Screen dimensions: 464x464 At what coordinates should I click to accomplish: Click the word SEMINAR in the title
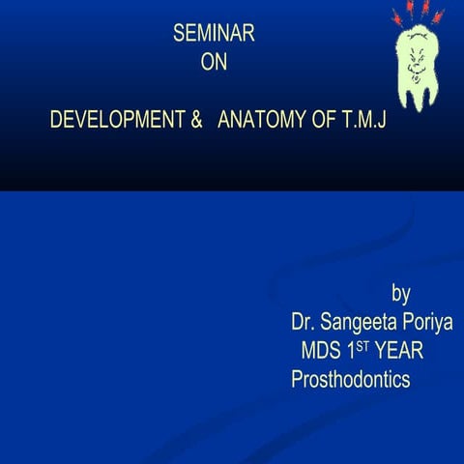pyautogui.click(x=213, y=34)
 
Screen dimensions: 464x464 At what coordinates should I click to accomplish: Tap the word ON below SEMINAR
pyautogui.click(x=213, y=64)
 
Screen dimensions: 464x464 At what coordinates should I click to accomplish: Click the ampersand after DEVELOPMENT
pyautogui.click(x=194, y=122)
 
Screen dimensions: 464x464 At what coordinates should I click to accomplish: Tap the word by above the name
pyautogui.click(x=400, y=292)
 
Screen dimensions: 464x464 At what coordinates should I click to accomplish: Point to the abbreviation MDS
pyautogui.click(x=321, y=350)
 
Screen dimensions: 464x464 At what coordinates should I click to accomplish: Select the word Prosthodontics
pyautogui.click(x=351, y=380)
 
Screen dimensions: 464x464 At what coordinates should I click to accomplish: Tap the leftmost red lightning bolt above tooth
pyautogui.click(x=396, y=16)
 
